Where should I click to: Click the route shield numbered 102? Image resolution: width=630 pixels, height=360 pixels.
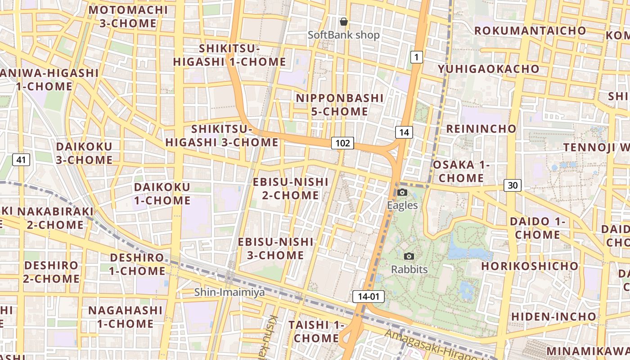pyautogui.click(x=343, y=143)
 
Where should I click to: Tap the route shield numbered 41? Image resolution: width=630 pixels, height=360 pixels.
pyautogui.click(x=21, y=159)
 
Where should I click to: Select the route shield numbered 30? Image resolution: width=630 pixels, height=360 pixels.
pyautogui.click(x=513, y=185)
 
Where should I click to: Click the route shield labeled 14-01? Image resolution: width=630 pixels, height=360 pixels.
pyautogui.click(x=369, y=297)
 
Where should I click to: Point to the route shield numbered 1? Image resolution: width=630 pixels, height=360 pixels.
pyautogui.click(x=417, y=57)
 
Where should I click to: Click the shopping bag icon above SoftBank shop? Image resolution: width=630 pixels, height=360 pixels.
pyautogui.click(x=344, y=22)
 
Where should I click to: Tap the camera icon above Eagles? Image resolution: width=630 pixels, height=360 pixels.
pyautogui.click(x=402, y=193)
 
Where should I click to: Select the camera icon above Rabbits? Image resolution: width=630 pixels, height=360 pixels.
pyautogui.click(x=409, y=256)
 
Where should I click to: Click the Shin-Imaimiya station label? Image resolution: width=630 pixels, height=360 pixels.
pyautogui.click(x=229, y=292)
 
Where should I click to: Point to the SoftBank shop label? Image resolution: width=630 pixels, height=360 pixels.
pyautogui.click(x=344, y=35)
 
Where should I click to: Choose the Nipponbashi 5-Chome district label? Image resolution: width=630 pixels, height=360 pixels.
pyautogui.click(x=340, y=105)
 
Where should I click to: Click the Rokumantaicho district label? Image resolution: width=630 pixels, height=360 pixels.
pyautogui.click(x=530, y=31)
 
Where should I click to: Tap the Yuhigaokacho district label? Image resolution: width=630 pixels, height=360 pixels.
pyautogui.click(x=489, y=69)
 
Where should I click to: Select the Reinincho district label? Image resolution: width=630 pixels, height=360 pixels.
pyautogui.click(x=481, y=129)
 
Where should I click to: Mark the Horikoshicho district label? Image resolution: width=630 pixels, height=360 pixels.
pyautogui.click(x=530, y=266)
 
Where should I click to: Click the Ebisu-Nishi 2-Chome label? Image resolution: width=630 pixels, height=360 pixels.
pyautogui.click(x=291, y=189)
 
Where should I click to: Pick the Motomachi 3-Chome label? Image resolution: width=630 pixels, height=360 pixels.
pyautogui.click(x=128, y=17)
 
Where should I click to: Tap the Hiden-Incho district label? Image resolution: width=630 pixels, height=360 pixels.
pyautogui.click(x=553, y=316)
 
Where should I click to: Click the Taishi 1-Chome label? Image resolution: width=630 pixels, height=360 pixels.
pyautogui.click(x=316, y=331)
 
